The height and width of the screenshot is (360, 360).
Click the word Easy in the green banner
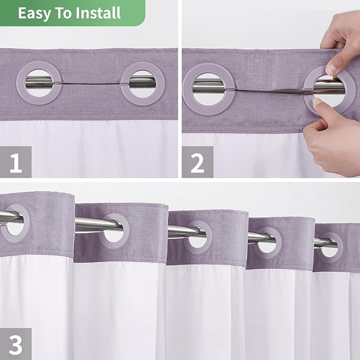coord(32,13)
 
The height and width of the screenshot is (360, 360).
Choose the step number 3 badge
coord(16,344)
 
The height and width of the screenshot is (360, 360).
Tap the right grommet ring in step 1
coord(142,83)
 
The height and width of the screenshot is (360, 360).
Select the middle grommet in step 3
coord(198,236)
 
